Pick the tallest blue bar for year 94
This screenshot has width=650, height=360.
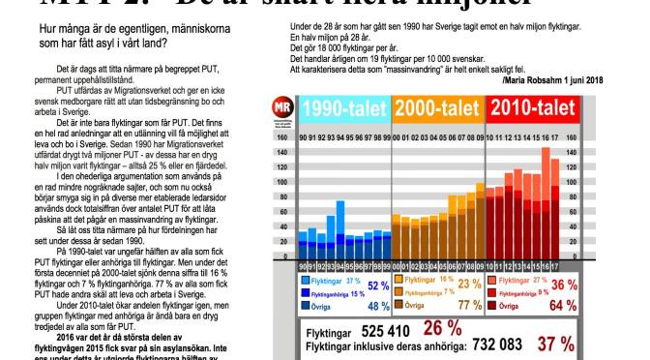coord(340,230)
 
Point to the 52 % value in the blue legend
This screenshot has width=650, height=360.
coord(378,285)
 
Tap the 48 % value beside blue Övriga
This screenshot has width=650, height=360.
coord(378,306)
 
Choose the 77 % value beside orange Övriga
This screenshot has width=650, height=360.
coord(470,306)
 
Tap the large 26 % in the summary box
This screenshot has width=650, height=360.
coord(441,327)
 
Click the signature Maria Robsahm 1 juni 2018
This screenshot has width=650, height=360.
coord(552,80)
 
